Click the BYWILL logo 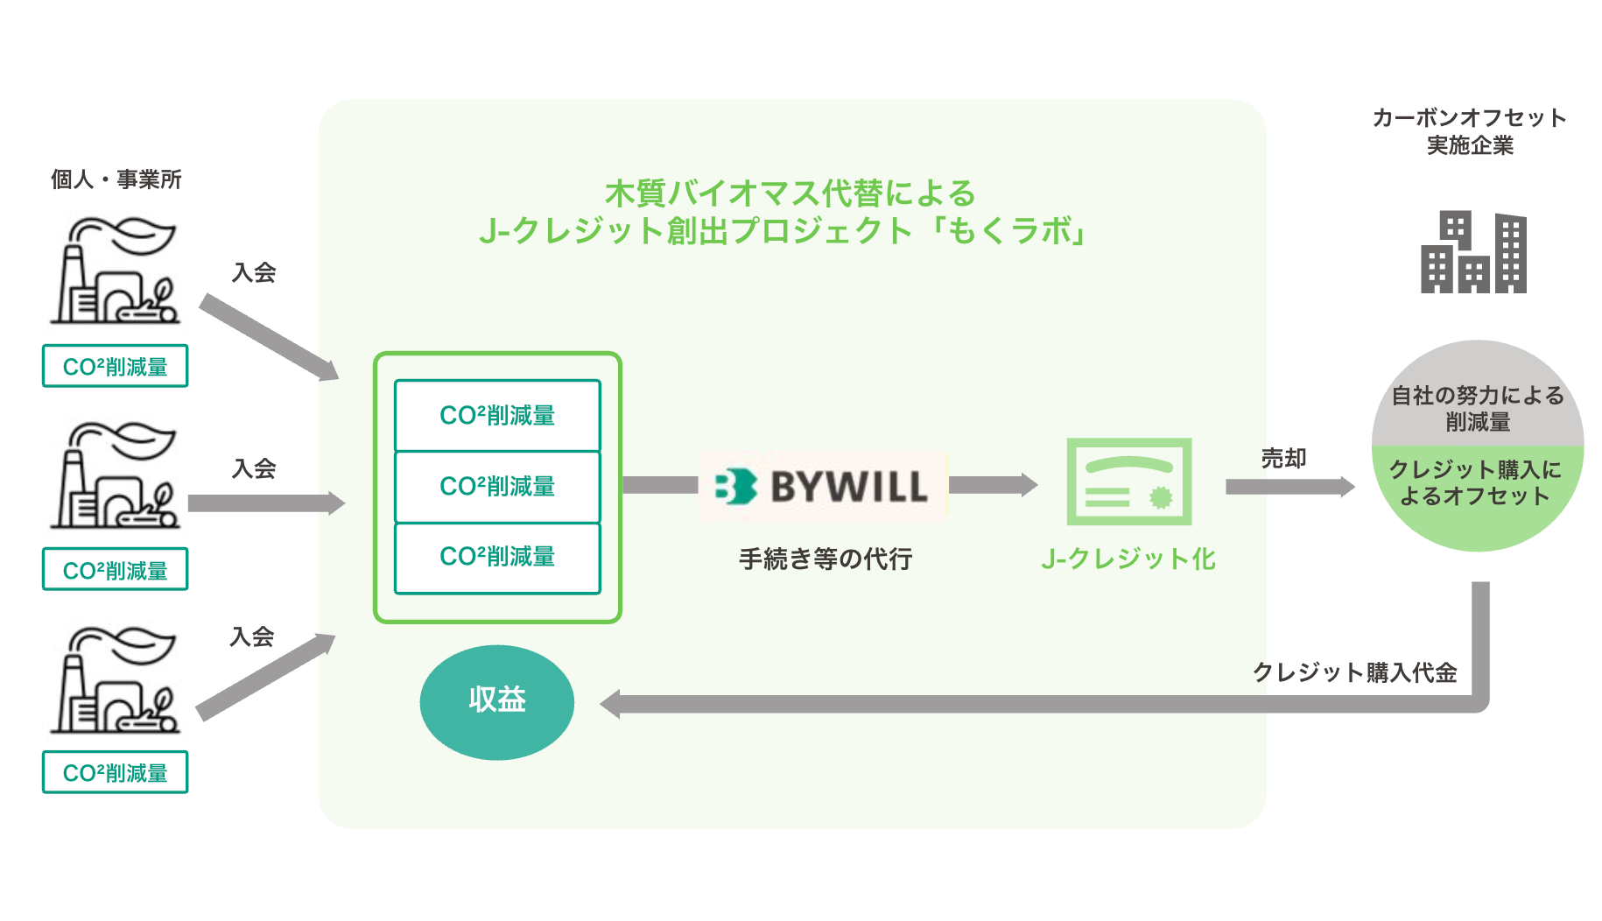(822, 487)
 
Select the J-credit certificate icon (1128, 482)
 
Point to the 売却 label (1283, 458)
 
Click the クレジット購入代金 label (1354, 672)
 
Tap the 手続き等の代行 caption (826, 559)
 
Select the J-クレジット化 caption (1128, 559)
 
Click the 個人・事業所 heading (116, 179)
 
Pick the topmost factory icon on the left (116, 271)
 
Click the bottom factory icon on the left (116, 679)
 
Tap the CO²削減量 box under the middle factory (116, 570)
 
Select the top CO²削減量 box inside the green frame (497, 415)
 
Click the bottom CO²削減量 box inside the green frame (497, 557)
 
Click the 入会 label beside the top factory (254, 273)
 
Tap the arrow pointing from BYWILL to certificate (993, 485)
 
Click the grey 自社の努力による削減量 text (1478, 408)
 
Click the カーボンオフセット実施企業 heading (1470, 131)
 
